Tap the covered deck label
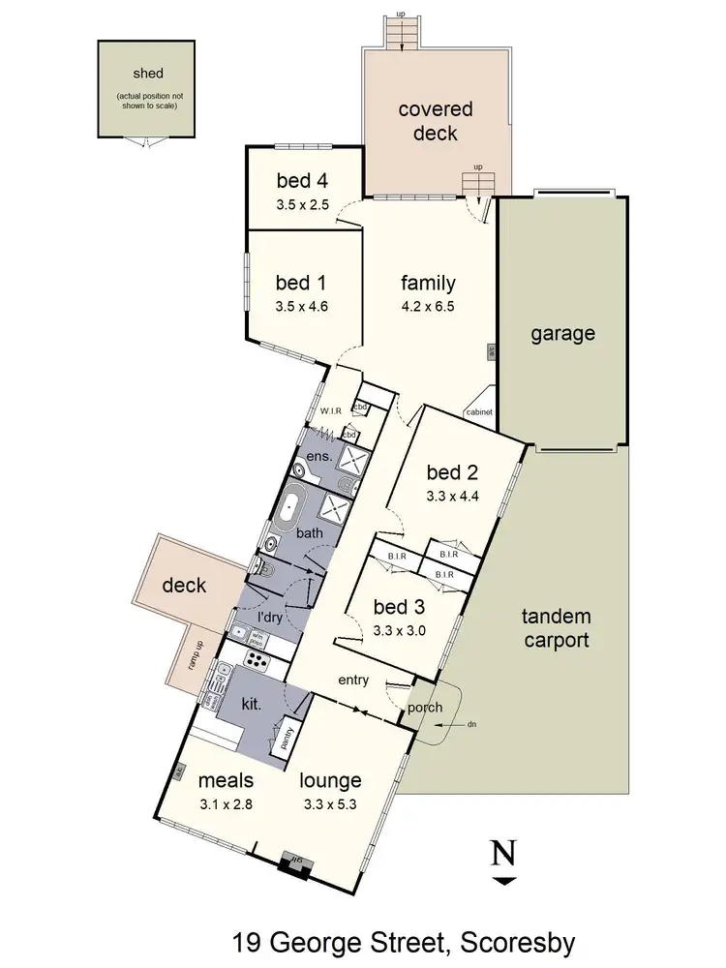pos(428,121)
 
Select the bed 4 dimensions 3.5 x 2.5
pos(303,204)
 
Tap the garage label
pos(561,334)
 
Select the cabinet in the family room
pos(479,411)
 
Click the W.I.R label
pos(331,411)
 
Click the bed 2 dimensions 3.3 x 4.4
pos(453,497)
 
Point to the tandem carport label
pos(556,628)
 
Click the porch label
pos(424,708)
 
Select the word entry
pos(353,681)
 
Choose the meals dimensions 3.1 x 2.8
pos(226,802)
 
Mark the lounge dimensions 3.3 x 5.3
pos(330,802)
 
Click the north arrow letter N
pos(502,854)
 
